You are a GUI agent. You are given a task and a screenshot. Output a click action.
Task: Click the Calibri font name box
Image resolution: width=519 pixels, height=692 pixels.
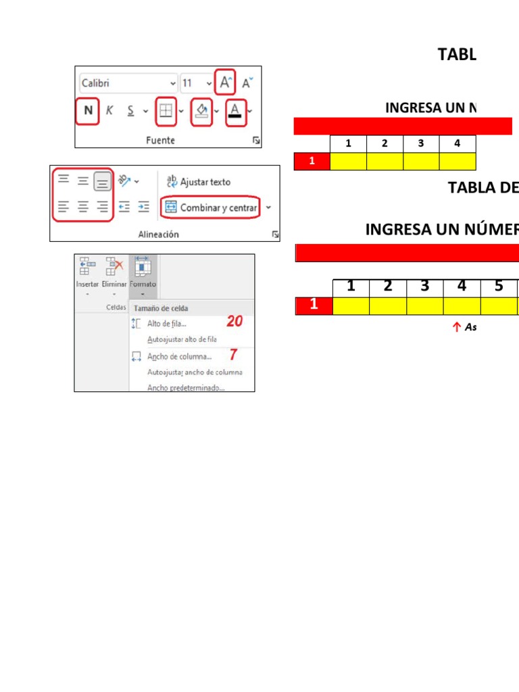[127, 83]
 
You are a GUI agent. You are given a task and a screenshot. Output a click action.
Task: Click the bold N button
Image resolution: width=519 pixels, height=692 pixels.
[87, 111]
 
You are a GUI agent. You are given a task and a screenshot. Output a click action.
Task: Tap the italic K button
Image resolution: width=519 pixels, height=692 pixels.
[109, 111]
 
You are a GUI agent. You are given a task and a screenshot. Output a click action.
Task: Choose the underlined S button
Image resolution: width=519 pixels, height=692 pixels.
[130, 111]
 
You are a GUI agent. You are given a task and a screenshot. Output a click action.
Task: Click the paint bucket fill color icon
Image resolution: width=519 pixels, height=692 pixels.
[202, 111]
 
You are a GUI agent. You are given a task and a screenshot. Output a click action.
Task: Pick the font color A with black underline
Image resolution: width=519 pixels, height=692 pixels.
[235, 111]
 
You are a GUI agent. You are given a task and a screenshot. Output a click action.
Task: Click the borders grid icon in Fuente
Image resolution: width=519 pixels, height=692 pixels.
[165, 111]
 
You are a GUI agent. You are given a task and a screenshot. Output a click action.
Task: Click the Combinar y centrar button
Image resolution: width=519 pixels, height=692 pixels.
[210, 207]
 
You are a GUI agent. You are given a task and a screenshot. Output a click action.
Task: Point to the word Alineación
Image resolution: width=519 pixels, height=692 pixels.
[158, 234]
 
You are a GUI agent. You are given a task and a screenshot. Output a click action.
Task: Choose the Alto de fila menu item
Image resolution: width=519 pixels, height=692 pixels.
[166, 324]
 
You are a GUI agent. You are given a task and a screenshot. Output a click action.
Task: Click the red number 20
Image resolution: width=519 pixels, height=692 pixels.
[234, 322]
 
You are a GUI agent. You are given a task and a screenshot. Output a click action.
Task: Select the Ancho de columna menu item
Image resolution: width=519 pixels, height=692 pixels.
[179, 356]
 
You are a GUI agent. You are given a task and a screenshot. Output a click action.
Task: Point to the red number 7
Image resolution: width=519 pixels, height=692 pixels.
[234, 355]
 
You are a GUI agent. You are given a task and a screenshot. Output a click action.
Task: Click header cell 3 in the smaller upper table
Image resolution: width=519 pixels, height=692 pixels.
[421, 143]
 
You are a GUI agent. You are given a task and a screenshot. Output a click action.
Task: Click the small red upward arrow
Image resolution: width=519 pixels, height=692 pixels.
[456, 327]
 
